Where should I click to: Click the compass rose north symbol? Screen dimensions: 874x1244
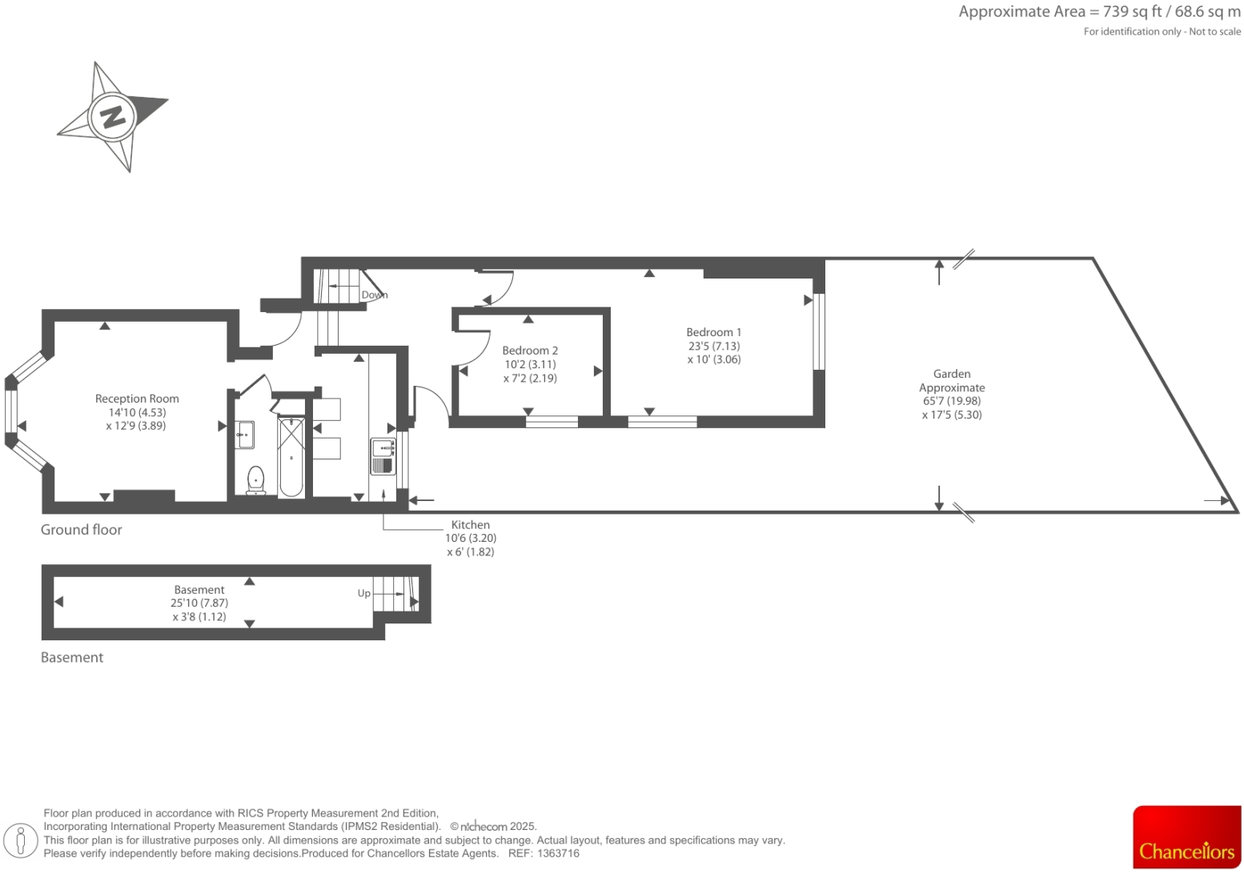(112, 117)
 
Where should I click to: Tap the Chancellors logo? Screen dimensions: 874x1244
(1186, 837)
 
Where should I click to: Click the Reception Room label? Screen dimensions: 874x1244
(137, 399)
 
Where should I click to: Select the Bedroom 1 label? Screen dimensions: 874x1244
(713, 332)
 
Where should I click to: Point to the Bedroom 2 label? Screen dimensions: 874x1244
(530, 351)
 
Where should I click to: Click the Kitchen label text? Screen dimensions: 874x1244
(470, 525)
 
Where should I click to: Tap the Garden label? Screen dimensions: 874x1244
(952, 374)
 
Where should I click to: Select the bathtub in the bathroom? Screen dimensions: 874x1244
(291, 456)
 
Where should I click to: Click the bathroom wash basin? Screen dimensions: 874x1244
(244, 435)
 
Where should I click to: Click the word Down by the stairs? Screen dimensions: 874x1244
(374, 295)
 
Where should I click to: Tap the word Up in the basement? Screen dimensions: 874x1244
(363, 594)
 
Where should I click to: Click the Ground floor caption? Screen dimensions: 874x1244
(82, 530)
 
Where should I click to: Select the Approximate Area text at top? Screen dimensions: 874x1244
(1099, 12)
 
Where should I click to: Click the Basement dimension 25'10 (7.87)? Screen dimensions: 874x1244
(199, 603)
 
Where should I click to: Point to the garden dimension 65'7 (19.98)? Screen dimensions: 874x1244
(952, 401)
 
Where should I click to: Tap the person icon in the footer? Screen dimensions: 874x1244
(21, 840)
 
